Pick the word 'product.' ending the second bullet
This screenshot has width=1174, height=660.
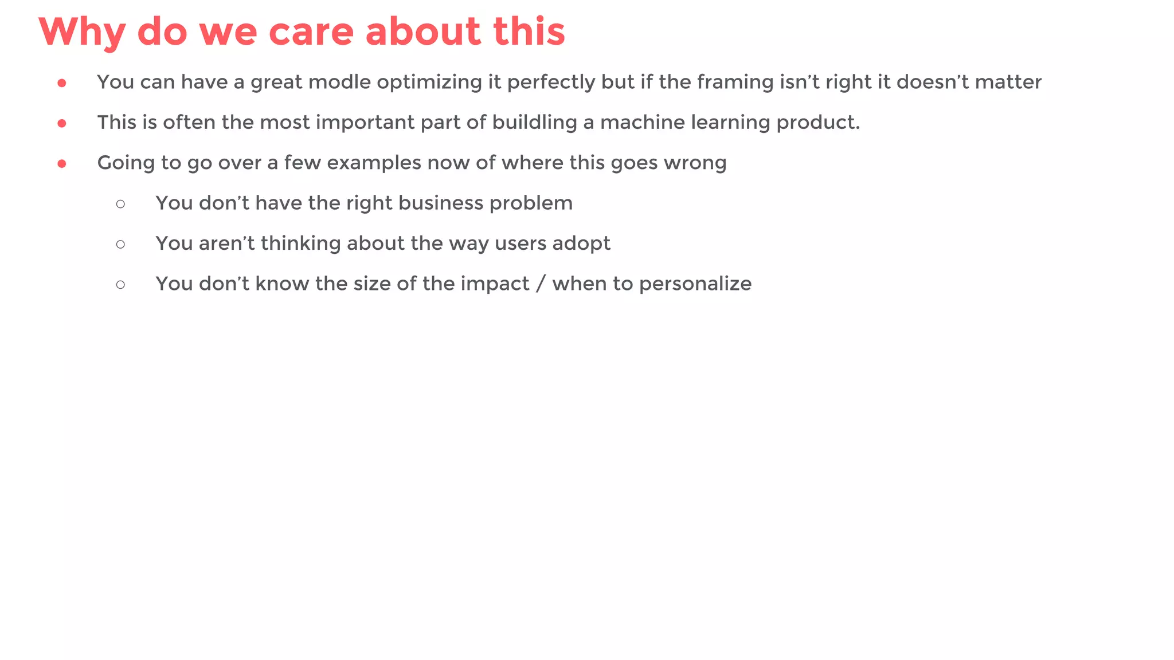(818, 123)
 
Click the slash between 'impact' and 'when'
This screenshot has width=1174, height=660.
(540, 284)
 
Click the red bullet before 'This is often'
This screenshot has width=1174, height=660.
(62, 123)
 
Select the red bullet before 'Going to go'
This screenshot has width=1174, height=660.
(62, 164)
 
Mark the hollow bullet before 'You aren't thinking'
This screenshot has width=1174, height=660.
(120, 244)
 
